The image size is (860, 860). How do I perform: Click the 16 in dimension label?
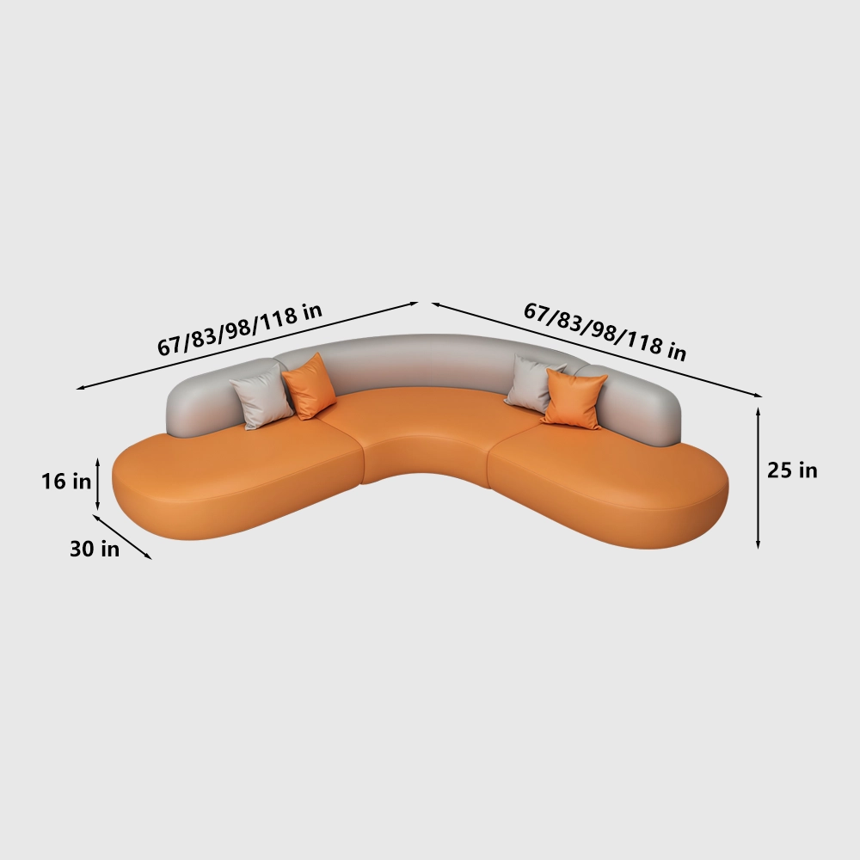(66, 482)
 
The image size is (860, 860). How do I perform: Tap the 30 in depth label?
(95, 549)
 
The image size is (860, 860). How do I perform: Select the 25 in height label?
(792, 470)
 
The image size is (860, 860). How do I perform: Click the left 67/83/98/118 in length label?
(240, 329)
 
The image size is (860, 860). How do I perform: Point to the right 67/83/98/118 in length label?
(605, 332)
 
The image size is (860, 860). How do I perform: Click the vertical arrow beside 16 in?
(98, 484)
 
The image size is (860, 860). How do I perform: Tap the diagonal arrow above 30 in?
(122, 537)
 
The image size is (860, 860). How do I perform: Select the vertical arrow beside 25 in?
(758, 477)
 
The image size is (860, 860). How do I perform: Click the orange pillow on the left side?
(309, 386)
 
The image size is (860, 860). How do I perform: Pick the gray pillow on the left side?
(261, 396)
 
